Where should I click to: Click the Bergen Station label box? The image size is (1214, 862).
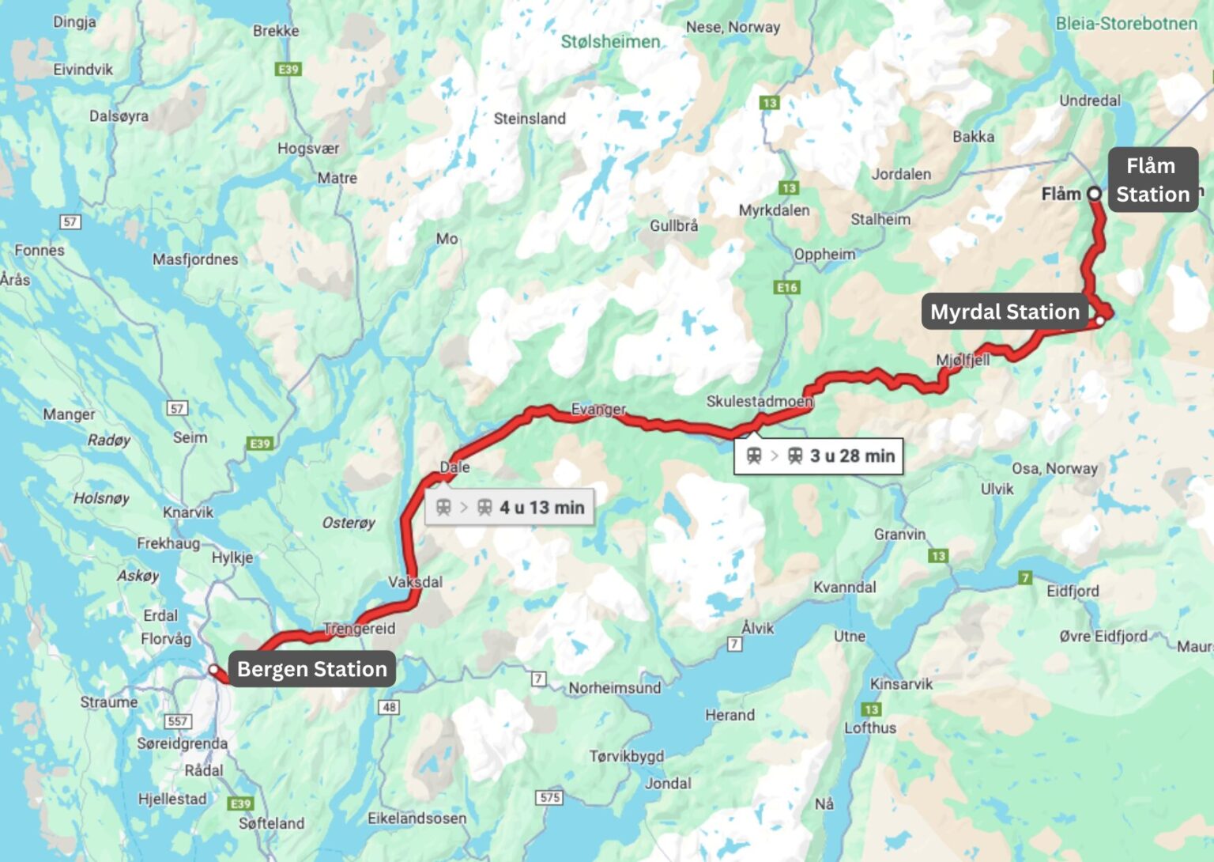coord(311,669)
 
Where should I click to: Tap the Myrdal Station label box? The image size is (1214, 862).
coord(1005,312)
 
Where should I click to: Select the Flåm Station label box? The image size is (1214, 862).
coord(1152,180)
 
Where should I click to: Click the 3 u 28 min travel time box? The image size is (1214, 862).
coord(819,456)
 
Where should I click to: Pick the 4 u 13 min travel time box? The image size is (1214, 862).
coord(510,508)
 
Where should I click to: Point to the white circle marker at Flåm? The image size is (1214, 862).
coord(1094,194)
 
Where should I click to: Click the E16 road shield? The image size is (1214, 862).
coord(787,287)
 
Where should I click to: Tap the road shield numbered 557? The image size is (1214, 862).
coord(178,720)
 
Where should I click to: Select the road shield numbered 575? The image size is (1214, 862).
coord(550,797)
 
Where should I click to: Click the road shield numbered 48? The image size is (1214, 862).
coord(389,706)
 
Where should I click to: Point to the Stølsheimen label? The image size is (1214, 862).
coord(610,41)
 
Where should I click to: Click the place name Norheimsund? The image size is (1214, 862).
coord(614,687)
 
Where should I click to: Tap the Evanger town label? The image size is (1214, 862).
coord(598,409)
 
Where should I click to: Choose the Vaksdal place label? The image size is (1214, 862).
coord(415,581)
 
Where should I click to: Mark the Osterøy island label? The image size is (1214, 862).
coord(349,523)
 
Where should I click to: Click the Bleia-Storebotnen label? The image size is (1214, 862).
coord(1126,23)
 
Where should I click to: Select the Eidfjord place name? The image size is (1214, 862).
coord(1073,591)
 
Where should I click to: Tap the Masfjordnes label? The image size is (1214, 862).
coord(195,259)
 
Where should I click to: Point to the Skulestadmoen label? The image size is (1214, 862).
coord(760,401)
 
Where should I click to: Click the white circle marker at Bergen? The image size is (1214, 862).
coord(213,670)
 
